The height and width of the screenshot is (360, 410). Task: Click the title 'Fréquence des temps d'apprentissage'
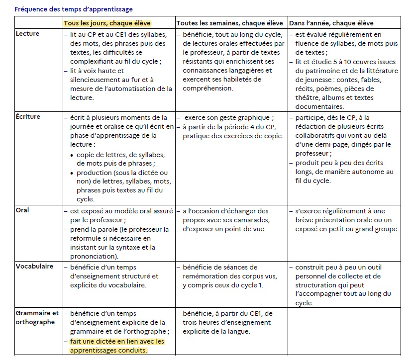74,9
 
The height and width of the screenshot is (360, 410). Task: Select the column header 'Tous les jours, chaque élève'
107,23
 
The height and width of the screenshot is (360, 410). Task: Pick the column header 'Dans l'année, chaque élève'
331,23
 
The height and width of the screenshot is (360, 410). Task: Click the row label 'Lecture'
28,34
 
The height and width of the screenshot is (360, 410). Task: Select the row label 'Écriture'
28,117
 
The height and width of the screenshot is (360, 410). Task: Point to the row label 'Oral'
22,210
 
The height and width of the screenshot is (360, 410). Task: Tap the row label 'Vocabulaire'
34,267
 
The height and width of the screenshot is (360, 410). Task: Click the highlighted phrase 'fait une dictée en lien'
104,342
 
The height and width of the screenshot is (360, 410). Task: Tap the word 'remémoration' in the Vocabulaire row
204,276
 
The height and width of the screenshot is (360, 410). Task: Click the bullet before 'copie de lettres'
72,155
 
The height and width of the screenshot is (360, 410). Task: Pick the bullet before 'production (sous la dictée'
72,173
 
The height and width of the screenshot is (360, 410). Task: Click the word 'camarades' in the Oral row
250,220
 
